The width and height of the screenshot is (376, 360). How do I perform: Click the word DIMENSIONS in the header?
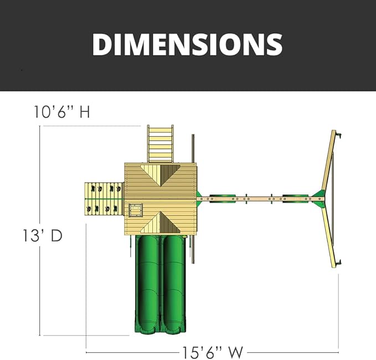(x=187, y=44)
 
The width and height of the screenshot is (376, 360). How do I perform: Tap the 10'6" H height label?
(x=62, y=112)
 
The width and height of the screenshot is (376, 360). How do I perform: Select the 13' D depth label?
(x=43, y=235)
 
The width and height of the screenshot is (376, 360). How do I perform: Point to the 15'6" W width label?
(x=213, y=353)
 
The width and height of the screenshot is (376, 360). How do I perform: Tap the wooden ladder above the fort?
(x=160, y=144)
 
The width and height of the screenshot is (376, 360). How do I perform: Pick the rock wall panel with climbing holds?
(x=104, y=199)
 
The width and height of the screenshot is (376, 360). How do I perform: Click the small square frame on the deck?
(x=136, y=210)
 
